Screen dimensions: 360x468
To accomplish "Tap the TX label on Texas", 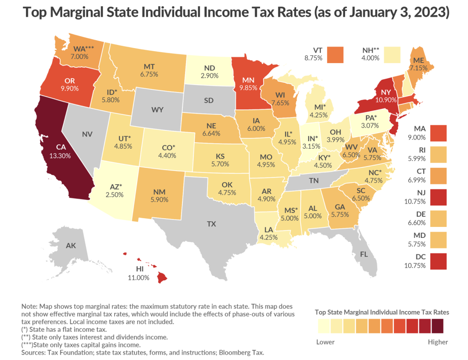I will coord(211,224).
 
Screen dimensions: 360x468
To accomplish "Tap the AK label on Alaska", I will coord(71,246).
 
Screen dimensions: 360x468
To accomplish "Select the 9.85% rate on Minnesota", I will coord(250,87).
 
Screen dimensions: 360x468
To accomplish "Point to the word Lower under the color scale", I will coord(325,342).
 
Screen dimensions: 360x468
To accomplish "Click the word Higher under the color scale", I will coord(437,342).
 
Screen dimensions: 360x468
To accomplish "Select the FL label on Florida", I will coord(364,254).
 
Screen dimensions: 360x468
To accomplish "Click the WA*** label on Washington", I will coord(84,48).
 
